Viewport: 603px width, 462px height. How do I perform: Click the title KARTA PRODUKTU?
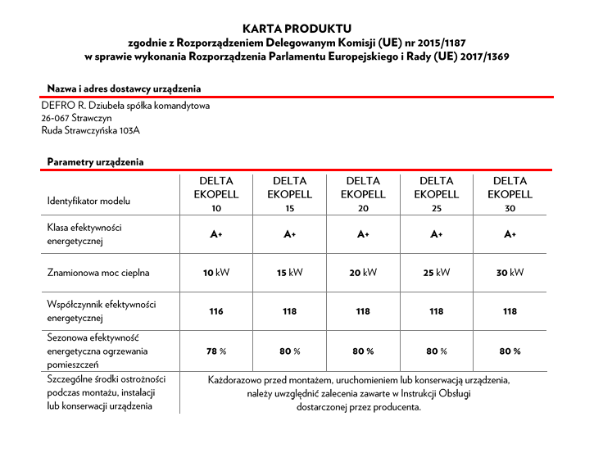(301, 29)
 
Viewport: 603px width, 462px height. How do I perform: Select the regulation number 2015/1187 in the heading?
(448, 43)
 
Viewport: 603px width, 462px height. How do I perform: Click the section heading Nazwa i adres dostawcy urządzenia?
(124, 88)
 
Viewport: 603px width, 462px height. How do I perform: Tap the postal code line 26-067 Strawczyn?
(77, 117)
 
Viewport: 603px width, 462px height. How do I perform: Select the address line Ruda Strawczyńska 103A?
(91, 129)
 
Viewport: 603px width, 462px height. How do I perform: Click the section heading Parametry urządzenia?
(95, 162)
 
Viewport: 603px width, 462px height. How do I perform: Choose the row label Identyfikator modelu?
(88, 201)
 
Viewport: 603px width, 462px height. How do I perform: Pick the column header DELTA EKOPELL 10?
(216, 194)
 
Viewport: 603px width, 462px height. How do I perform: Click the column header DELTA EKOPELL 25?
(436, 194)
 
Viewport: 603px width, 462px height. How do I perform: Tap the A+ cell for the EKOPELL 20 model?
(363, 234)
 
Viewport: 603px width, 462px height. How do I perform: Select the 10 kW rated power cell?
(216, 273)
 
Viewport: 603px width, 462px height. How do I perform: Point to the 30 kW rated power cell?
(510, 273)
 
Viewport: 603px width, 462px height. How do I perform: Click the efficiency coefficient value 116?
(216, 311)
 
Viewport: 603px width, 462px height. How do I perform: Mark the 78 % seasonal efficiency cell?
(216, 351)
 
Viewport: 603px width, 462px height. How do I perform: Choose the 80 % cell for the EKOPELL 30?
(510, 351)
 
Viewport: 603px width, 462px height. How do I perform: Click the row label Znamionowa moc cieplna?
(98, 273)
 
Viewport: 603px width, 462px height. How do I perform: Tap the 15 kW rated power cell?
(289, 273)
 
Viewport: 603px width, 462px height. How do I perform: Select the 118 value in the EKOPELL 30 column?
(510, 311)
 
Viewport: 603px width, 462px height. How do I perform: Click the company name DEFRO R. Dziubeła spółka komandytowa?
(125, 105)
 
